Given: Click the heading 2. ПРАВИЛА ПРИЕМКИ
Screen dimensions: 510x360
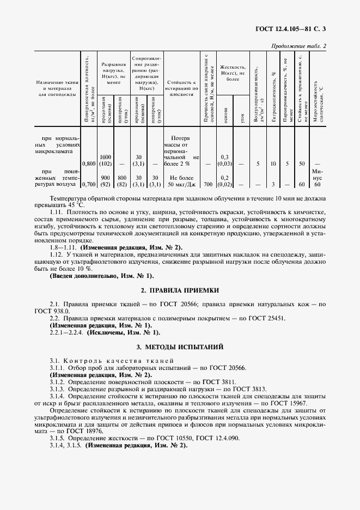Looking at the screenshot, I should pos(180,292).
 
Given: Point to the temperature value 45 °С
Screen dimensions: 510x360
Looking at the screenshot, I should pos(71,205).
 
